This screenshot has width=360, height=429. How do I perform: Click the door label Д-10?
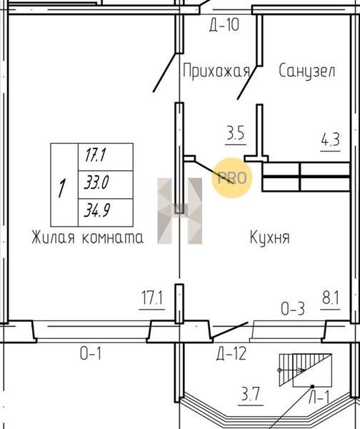[224, 24]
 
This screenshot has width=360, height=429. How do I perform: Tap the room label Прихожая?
[216, 71]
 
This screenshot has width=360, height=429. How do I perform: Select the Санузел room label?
[306, 71]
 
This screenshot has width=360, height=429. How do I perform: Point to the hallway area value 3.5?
[236, 133]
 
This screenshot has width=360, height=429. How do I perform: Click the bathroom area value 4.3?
[330, 140]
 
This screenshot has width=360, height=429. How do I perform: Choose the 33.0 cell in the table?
[96, 182]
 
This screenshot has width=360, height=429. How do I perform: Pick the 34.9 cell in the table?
[97, 211]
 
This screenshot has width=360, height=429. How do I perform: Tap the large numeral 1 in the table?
[62, 188]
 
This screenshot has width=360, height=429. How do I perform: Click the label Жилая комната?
[87, 237]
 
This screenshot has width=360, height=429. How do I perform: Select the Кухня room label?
[269, 237]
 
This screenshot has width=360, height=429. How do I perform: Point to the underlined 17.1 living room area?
[152, 297]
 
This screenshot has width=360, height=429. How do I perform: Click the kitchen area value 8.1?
[330, 297]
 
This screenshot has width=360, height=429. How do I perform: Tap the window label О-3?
[292, 309]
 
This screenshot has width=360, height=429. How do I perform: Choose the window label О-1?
[91, 353]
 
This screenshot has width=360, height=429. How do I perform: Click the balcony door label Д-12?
[231, 353]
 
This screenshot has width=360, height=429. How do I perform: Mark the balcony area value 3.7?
[251, 394]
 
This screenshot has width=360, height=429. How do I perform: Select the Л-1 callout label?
[319, 397]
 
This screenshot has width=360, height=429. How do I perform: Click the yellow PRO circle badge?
[232, 178]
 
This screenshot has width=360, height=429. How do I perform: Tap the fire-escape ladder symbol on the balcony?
[305, 370]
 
